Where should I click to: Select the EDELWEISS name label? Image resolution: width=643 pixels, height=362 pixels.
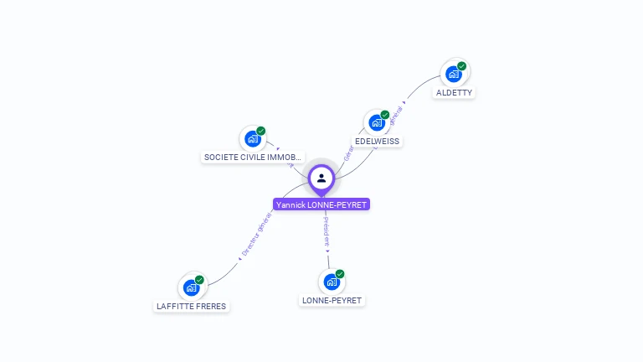(x=377, y=142)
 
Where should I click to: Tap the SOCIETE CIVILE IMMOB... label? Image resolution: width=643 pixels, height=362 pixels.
(x=253, y=158)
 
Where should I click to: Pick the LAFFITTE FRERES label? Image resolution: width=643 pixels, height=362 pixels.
(x=191, y=307)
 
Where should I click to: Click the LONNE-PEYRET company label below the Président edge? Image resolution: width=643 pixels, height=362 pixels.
(x=332, y=300)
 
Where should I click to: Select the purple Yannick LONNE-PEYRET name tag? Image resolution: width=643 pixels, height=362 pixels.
(x=321, y=204)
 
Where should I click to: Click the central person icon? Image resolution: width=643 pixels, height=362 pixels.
(x=321, y=178)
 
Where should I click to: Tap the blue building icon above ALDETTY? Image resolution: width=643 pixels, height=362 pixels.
(x=453, y=74)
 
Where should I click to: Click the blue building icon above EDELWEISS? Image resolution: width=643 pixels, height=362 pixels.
(x=377, y=122)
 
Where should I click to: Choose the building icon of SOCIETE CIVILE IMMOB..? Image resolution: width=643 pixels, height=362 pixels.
(x=252, y=139)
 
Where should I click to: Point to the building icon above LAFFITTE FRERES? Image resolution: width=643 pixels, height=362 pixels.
(x=191, y=287)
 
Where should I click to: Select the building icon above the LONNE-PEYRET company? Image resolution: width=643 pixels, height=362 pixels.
(x=332, y=282)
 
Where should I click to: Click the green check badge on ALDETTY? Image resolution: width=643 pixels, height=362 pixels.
(x=461, y=66)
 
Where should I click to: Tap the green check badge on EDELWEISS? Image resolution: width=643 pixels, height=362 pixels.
(x=385, y=115)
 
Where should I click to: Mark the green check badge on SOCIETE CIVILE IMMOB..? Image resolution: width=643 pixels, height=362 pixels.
(x=260, y=132)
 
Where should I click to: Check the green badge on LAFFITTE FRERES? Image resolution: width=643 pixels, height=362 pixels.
(x=199, y=280)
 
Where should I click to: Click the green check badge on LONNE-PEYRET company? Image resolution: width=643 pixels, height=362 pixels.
(x=340, y=274)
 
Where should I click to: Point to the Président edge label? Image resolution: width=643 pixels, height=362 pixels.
(x=327, y=230)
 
